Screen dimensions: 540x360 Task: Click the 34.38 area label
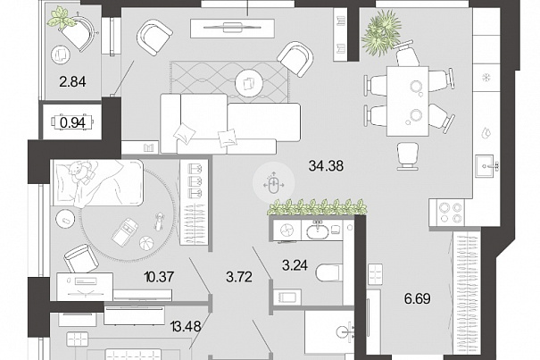(x=326, y=166)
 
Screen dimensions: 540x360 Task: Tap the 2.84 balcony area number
(x=72, y=82)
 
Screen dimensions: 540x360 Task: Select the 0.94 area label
(x=72, y=122)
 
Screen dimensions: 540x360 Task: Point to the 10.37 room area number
(x=160, y=277)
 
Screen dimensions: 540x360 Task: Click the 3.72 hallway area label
(x=239, y=277)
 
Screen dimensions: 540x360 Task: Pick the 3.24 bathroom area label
(x=295, y=265)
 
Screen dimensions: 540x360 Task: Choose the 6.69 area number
(x=418, y=298)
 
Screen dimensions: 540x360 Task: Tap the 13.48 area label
(x=186, y=325)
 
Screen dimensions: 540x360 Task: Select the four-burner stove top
(x=446, y=213)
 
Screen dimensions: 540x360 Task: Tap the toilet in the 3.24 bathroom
(x=329, y=272)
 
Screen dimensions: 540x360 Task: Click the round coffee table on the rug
(x=249, y=82)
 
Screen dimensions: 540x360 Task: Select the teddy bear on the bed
(x=81, y=170)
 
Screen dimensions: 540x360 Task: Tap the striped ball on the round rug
(x=146, y=243)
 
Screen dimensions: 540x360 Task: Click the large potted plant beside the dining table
(x=381, y=32)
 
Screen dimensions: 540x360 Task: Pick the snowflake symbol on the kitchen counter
(x=486, y=77)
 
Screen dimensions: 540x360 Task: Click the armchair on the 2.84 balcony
(x=79, y=32)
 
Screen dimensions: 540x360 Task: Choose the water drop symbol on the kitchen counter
(x=486, y=132)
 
